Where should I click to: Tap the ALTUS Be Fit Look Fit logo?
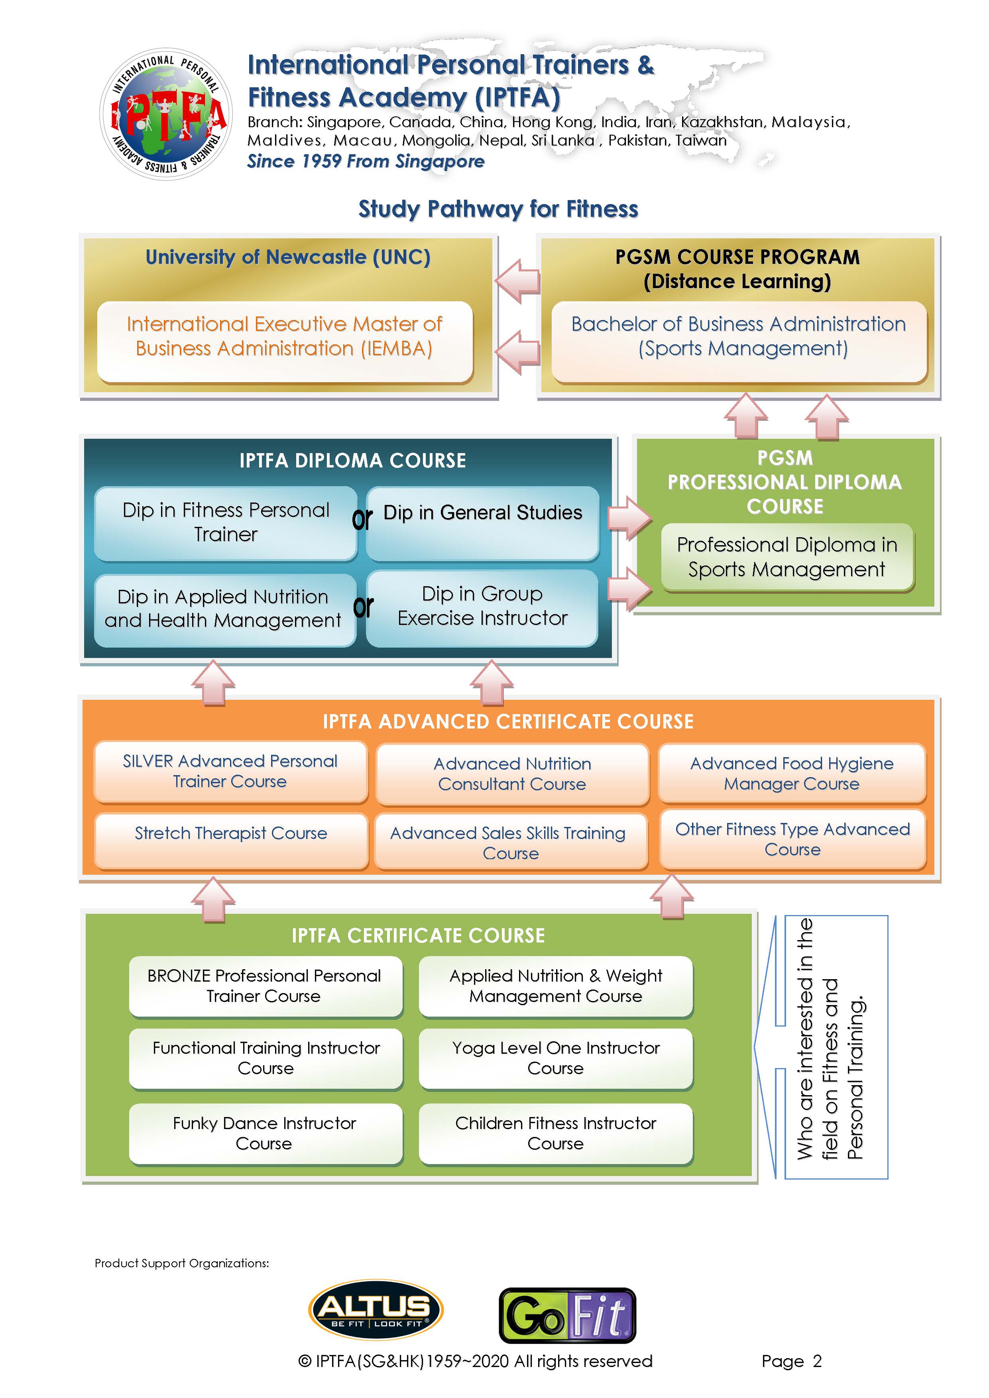coord(376,1309)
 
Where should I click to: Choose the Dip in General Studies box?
coord(482,523)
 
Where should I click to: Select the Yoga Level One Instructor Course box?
coord(555,1058)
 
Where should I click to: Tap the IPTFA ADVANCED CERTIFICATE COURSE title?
coord(508,722)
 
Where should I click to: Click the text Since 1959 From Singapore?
coord(366,161)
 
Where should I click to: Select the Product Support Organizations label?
coord(181,1263)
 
